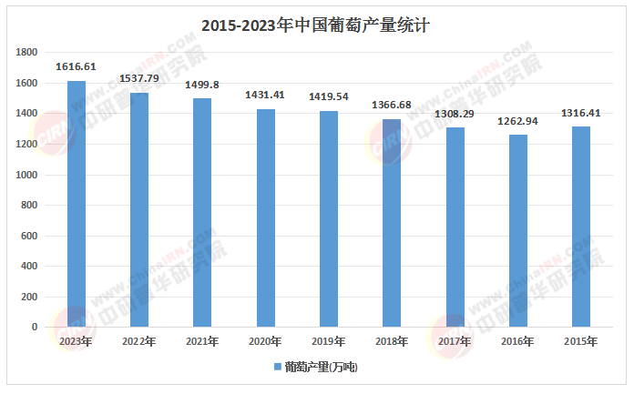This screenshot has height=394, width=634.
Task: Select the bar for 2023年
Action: (76, 204)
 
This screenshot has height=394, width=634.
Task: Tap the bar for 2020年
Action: (265, 218)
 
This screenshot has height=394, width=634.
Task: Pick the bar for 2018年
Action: (392, 223)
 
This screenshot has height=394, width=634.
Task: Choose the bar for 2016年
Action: (518, 231)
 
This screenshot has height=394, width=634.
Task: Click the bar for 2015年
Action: (581, 227)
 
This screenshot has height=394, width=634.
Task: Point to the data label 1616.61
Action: (76, 66)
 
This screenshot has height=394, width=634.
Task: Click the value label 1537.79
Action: (139, 78)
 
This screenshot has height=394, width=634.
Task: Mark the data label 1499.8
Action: (202, 85)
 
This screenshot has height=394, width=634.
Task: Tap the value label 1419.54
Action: (329, 95)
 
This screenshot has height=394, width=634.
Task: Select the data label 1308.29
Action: (455, 113)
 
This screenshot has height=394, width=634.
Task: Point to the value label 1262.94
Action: (518, 120)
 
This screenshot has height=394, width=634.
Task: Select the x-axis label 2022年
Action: (139, 341)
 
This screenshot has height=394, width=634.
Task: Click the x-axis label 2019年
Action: (329, 341)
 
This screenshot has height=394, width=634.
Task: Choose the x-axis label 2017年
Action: (455, 341)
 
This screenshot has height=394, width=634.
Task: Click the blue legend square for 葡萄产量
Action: (277, 368)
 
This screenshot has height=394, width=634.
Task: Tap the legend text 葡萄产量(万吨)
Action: (322, 368)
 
